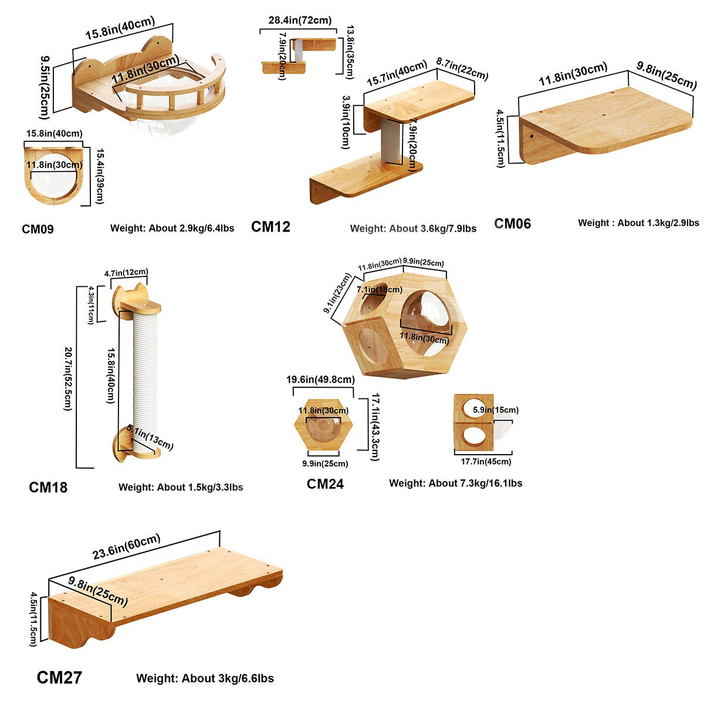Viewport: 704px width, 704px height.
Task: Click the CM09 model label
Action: pyautogui.click(x=38, y=229)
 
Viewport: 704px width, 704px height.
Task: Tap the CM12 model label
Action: pyautogui.click(x=270, y=226)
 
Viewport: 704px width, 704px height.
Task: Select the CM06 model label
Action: pyautogui.click(x=512, y=224)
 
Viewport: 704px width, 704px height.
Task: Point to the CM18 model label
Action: pyautogui.click(x=48, y=487)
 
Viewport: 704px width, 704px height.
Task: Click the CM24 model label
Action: pyautogui.click(x=325, y=484)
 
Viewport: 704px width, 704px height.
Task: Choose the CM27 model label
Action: pyautogui.click(x=59, y=678)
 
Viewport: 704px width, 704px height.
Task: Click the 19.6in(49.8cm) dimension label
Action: pyautogui.click(x=320, y=380)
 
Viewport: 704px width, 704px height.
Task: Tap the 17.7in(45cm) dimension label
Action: pyautogui.click(x=486, y=462)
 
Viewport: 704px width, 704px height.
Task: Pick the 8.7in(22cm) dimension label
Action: pyautogui.click(x=462, y=67)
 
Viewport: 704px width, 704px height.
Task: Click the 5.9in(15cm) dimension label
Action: pyautogui.click(x=495, y=410)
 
